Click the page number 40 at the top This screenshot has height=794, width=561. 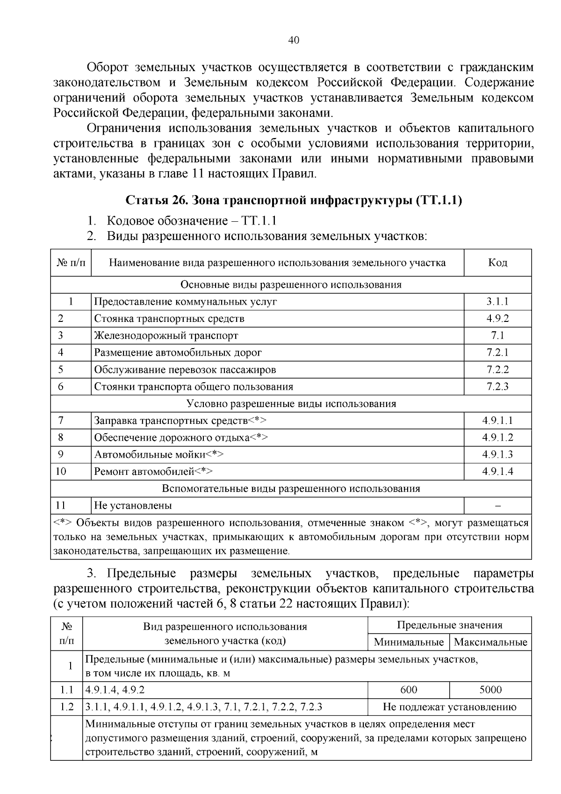tap(294, 40)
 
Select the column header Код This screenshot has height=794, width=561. tap(497, 262)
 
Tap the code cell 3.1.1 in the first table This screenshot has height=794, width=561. tap(497, 302)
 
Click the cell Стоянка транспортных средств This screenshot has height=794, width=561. tap(169, 319)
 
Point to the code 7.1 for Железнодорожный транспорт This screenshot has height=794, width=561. tap(497, 335)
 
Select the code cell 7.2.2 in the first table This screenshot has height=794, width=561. tap(497, 370)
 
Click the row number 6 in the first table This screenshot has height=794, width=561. tap(61, 386)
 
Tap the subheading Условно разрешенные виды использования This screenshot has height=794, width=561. tap(291, 403)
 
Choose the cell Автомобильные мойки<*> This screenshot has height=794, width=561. tap(159, 454)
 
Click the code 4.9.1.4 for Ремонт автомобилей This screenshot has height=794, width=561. tap(497, 472)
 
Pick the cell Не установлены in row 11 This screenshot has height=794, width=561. tap(133, 505)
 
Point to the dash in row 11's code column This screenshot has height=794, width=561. tap(497, 506)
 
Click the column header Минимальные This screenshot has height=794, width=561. tap(409, 642)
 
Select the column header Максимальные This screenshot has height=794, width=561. tap(490, 642)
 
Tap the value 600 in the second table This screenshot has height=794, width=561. tap(409, 690)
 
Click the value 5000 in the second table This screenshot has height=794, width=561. tap(490, 690)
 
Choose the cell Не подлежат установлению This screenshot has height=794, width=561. tap(449, 707)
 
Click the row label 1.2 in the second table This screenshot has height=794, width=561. tap(67, 707)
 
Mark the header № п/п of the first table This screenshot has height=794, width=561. tap(71, 262)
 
